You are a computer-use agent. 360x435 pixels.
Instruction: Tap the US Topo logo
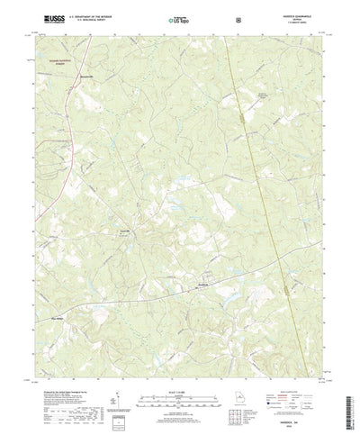click(x=178, y=18)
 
